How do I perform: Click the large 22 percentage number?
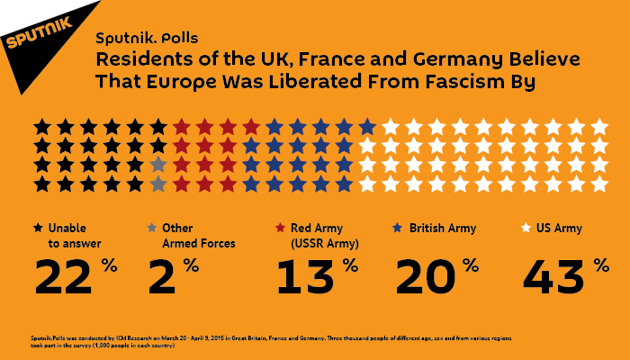[65, 277]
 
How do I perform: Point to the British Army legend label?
[444, 229]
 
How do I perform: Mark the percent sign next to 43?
[600, 265]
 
